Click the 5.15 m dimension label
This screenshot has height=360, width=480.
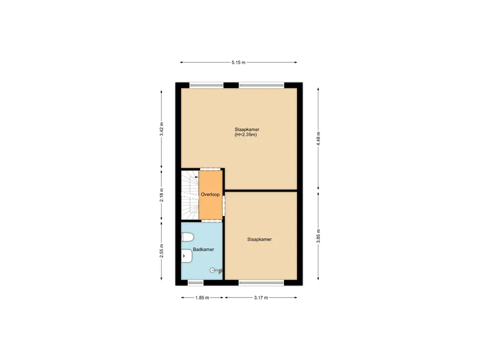tap(238, 62)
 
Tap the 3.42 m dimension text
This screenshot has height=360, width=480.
tap(162, 131)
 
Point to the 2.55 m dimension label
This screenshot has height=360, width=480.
tap(162, 251)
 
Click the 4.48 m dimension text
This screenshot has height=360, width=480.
tap(318, 139)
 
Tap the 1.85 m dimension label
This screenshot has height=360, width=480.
tap(202, 298)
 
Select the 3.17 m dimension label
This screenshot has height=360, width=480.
tap(261, 298)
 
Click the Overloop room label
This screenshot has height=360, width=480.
tap(210, 194)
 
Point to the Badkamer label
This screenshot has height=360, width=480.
tap(203, 249)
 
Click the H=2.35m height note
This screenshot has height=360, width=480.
tap(246, 135)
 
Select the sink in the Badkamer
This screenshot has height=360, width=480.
tap(186, 256)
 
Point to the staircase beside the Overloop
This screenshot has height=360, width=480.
tap(189, 195)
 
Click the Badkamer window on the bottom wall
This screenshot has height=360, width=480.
tap(196, 282)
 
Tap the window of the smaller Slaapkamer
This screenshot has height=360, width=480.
tap(261, 282)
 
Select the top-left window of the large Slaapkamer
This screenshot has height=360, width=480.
tap(206, 85)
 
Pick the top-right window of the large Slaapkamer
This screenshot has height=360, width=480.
tap(261, 85)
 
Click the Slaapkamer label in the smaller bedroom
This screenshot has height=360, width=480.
tap(259, 239)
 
